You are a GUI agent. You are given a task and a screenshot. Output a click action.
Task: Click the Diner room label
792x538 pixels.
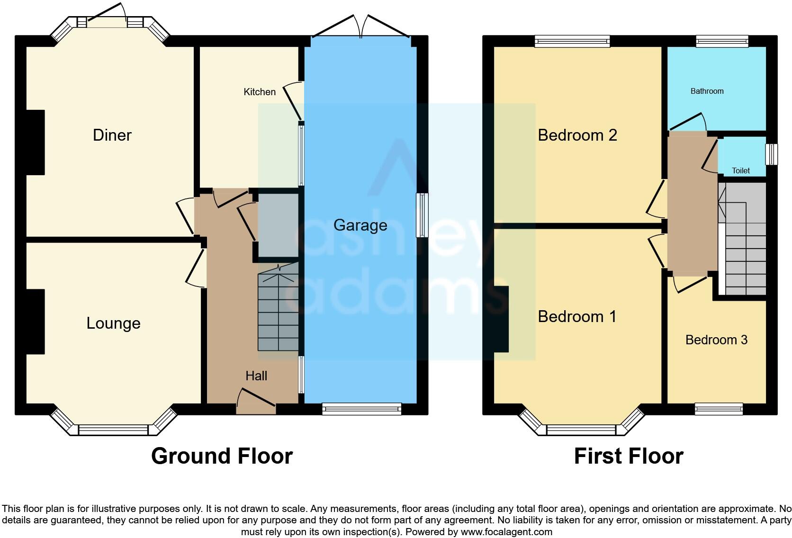coord(112,135)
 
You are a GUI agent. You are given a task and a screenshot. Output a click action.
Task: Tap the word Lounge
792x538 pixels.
coord(113,323)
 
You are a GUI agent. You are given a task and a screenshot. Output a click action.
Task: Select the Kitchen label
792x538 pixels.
coord(259,92)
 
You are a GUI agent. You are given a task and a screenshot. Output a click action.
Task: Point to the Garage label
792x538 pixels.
coord(360,225)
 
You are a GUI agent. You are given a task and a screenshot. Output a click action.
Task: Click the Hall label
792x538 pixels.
coord(256,376)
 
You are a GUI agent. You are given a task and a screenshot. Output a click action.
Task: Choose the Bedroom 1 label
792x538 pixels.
coord(577,316)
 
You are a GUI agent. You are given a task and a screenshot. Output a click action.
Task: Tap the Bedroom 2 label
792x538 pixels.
coord(577,135)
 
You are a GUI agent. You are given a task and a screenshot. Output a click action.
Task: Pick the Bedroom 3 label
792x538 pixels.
coord(716,340)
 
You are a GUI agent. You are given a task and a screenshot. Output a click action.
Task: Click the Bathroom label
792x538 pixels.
coord(707,91)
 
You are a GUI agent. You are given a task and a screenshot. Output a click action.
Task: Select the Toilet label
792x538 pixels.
coord(741,170)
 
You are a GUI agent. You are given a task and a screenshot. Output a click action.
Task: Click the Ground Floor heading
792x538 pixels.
coord(222,456)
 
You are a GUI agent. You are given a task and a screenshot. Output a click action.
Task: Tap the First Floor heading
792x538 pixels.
coord(629,456)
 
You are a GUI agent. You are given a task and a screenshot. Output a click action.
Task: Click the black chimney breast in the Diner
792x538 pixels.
coord(36,142)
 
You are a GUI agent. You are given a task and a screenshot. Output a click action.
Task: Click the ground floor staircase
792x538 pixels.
coord(278,313)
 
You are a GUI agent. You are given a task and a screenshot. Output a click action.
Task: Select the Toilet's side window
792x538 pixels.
coord(772,154)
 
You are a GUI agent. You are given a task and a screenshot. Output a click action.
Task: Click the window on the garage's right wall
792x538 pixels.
coord(422,215)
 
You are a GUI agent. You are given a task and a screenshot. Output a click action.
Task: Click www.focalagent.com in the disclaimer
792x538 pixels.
coord(506,532)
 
